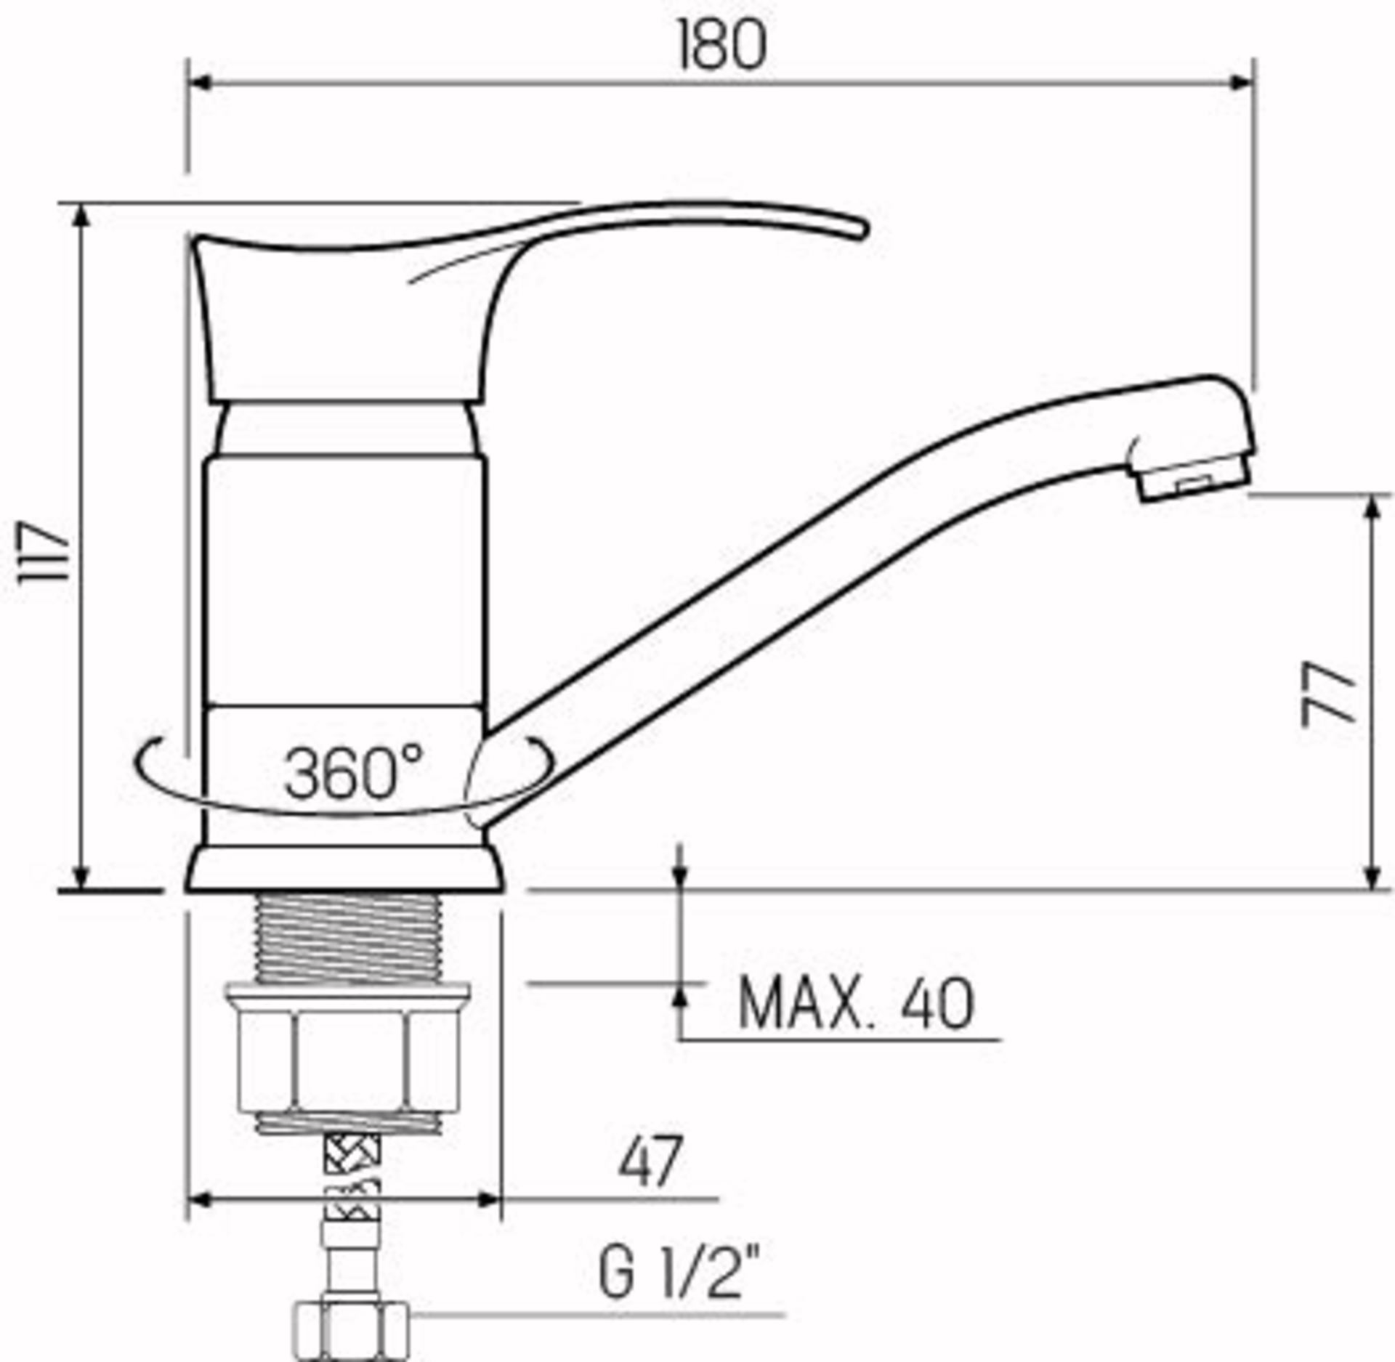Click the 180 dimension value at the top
point(721,46)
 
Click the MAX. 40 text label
point(855,1005)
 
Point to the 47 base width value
point(650,1162)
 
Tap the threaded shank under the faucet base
point(349,938)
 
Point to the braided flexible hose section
point(352,1177)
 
